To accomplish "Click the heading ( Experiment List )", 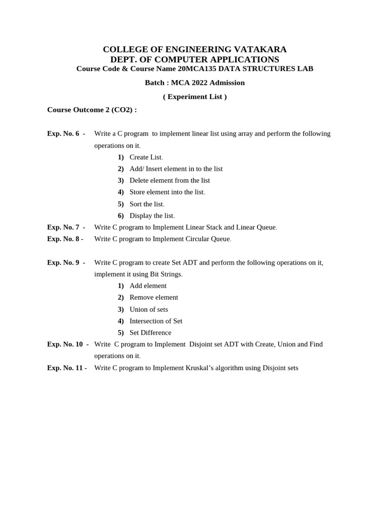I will pos(195,96).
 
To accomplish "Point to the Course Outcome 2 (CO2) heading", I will pos(92,110).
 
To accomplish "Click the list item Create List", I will pos(146,157).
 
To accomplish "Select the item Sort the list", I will pos(146,204).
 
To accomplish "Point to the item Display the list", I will pos(151,216).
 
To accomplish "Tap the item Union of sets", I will pos(149,309).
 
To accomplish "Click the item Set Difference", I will pos(150,333).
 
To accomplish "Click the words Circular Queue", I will pos(208,239).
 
